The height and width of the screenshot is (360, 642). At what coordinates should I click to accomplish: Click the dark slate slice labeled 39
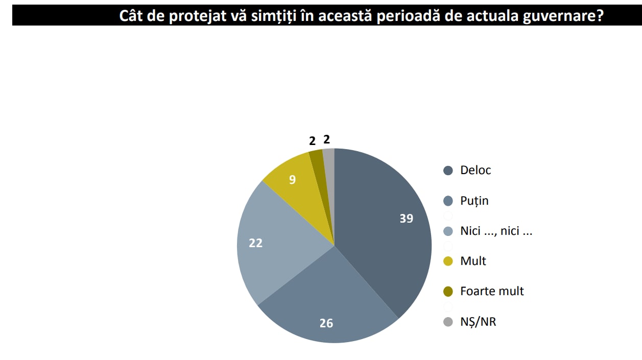[383, 225]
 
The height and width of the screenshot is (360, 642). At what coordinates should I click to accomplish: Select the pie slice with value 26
[327, 301]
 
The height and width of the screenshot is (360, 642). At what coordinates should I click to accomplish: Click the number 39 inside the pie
[407, 219]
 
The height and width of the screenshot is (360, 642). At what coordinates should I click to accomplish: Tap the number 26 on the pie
[326, 323]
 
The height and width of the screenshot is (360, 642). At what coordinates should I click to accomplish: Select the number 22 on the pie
[255, 244]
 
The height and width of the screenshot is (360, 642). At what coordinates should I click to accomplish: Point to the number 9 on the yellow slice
[292, 180]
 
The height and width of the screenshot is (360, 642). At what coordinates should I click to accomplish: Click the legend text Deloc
[475, 171]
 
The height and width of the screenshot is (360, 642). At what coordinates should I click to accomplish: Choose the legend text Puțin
[474, 201]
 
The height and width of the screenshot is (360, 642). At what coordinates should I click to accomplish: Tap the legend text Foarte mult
[492, 291]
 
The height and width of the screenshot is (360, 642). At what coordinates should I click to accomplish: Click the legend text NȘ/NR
[478, 322]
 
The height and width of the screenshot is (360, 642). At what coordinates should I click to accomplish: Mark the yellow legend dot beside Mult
[448, 261]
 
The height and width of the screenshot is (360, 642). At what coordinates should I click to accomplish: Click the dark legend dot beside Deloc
[448, 171]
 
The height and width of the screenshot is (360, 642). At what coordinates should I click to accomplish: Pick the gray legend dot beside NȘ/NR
[448, 322]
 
